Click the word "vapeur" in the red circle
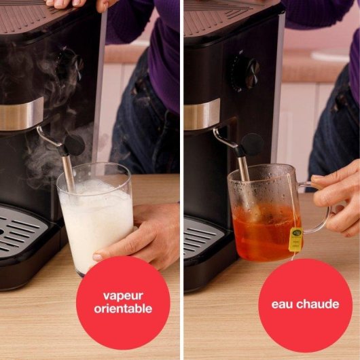124,295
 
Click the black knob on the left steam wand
74,144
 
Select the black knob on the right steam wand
251,144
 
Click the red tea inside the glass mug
265,234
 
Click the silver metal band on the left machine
20,113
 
